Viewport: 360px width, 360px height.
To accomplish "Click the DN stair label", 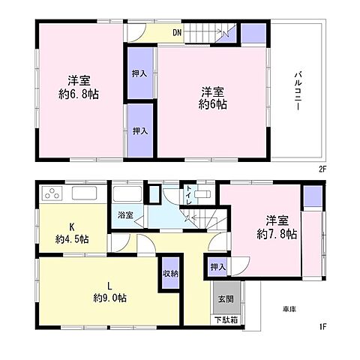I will (x=176, y=32).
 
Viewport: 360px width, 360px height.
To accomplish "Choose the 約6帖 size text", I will (x=213, y=104).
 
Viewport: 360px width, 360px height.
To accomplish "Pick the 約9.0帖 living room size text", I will (x=109, y=297).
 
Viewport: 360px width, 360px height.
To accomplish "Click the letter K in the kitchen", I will (x=73, y=226).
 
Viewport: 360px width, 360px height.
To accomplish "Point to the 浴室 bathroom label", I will (x=125, y=215).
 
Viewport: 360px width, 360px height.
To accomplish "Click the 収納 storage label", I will (x=170, y=273).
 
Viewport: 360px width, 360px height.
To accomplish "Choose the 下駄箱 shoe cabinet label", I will (x=223, y=321).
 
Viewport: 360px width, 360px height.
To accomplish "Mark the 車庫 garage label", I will (x=289, y=309).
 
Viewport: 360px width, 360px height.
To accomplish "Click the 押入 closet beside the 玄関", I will (x=217, y=266).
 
